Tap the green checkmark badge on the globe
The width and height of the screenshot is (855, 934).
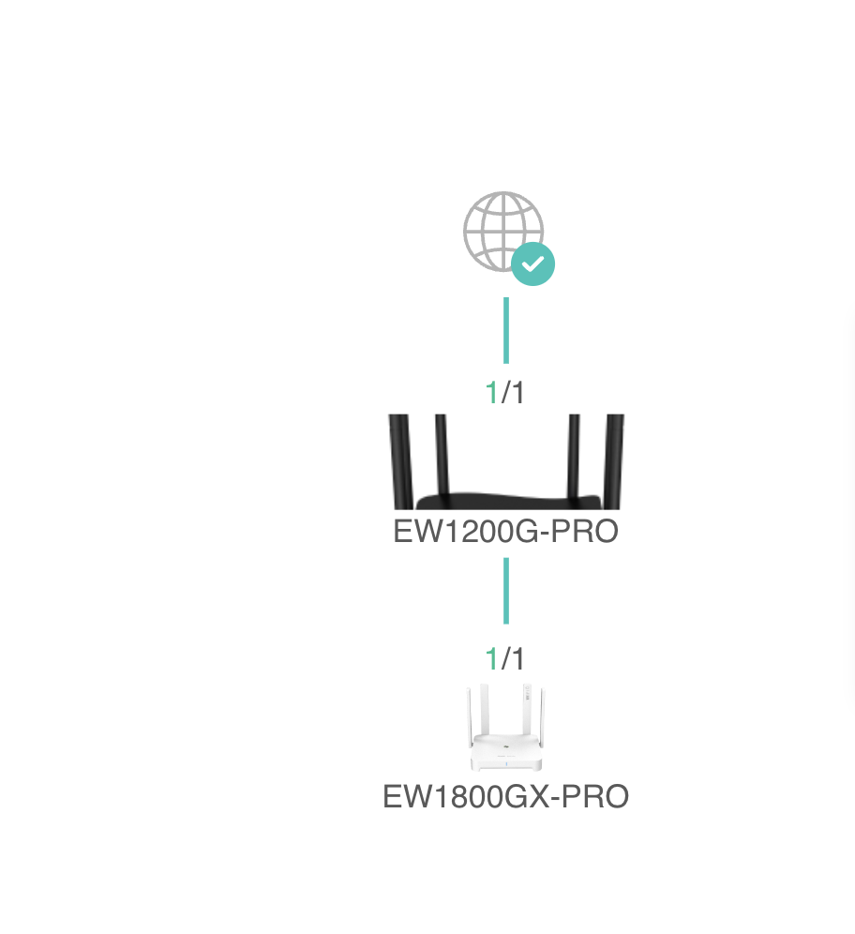coord(533,264)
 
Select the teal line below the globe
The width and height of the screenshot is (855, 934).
coord(506,330)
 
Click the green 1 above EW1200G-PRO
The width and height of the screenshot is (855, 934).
coord(491,393)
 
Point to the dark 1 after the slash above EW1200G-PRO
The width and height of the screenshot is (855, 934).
coord(517,393)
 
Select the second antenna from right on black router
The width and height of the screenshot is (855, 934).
coord(574,455)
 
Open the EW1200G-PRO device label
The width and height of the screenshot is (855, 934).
coord(506,532)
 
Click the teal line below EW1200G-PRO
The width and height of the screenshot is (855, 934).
coord(506,591)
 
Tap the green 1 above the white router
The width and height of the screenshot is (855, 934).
coord(491,659)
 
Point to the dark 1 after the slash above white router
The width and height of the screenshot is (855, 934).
coord(517,659)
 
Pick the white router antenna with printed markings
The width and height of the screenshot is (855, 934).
coord(527,708)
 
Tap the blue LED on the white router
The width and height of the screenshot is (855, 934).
coord(506,763)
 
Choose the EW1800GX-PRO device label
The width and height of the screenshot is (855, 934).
coord(506,797)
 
